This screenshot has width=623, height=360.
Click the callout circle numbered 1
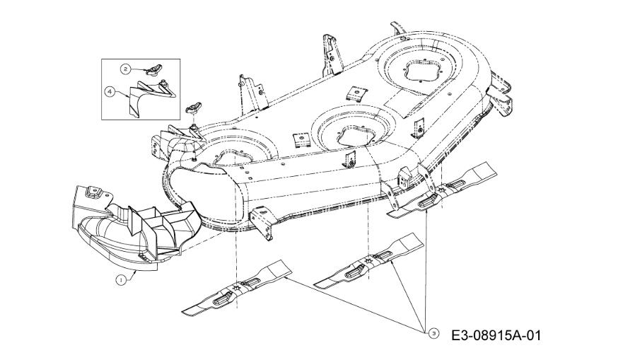click(121, 280)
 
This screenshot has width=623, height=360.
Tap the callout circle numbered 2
click(126, 69)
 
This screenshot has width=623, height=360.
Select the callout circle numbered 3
click(433, 333)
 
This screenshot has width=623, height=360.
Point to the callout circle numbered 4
click(110, 91)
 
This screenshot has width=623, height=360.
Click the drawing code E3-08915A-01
click(496, 336)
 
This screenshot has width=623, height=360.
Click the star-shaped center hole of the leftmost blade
click(238, 287)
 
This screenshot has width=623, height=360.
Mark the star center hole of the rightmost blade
click(441, 190)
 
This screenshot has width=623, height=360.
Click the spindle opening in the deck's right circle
click(421, 71)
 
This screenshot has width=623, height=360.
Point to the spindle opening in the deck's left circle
click(229, 157)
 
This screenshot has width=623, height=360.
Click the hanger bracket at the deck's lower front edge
click(262, 224)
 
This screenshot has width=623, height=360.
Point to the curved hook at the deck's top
click(397, 28)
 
